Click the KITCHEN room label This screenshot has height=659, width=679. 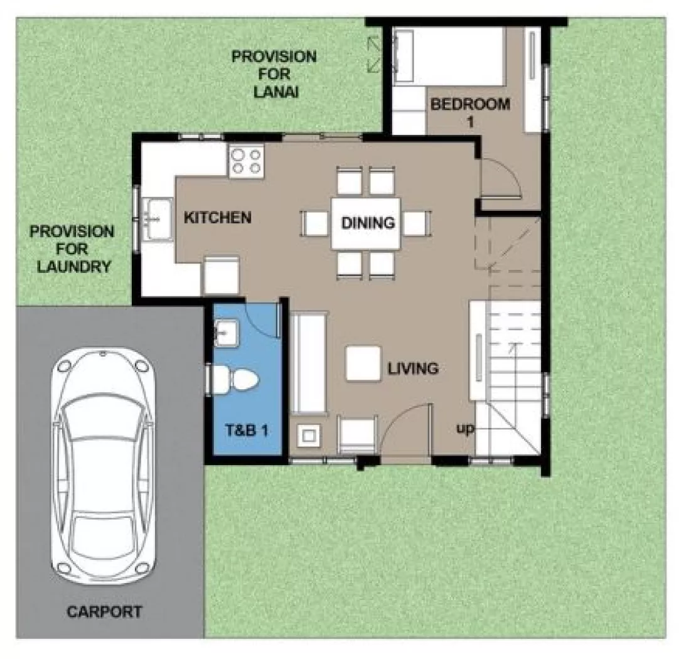coord(217,218)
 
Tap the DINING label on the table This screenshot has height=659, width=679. coord(368,222)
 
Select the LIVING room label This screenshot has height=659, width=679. coord(412,368)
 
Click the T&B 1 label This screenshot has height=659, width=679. coord(247,431)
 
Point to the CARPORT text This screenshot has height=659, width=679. coord(105,611)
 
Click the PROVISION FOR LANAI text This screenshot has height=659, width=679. coord(274,73)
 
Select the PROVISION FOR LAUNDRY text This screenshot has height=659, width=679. coord(73,249)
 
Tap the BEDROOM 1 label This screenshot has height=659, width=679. coord(469,112)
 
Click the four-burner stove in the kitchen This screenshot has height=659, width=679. coord(246,161)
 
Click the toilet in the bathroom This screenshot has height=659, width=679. coord(236,380)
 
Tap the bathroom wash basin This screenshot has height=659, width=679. coord(225,332)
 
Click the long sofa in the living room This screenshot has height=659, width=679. coord(309,363)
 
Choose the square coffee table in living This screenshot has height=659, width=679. coord(363,363)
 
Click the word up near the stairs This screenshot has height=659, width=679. coord(465,429)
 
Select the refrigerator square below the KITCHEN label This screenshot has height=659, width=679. coord(221,276)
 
